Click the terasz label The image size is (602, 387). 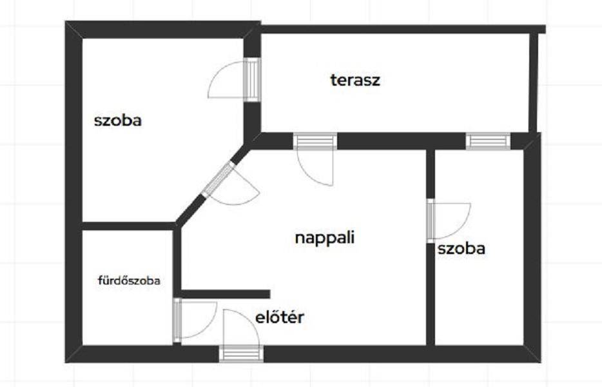tap(355, 81)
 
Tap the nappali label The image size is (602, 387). tap(325, 237)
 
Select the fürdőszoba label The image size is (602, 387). tap(128, 281)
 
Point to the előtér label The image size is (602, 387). tap(279, 317)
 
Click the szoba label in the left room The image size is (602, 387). tap(118, 121)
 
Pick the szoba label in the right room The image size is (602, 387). tap(461, 249)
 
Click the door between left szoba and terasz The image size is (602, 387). tap(251, 79)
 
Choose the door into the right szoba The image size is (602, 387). tap(430, 221)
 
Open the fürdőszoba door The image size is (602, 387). tap(177, 319)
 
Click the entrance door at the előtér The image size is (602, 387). tap(241, 353)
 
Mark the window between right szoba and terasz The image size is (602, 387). tap(488, 141)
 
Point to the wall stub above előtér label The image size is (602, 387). tap(226, 294)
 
